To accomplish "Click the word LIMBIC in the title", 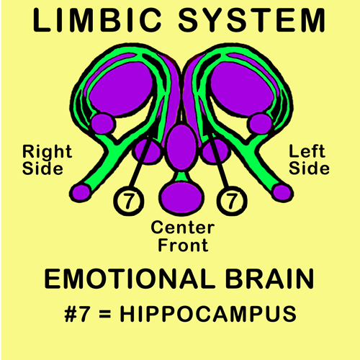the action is [97, 20].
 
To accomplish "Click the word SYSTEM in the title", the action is [252, 20].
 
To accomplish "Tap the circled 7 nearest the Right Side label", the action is [129, 200].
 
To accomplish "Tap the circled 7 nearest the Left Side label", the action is [232, 200].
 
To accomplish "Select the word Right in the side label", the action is [48, 152].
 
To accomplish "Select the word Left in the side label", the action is [307, 151].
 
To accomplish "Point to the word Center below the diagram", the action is [183, 228].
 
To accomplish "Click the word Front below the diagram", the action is [183, 245].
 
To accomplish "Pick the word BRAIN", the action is [270, 279].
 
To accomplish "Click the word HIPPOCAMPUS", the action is [208, 314].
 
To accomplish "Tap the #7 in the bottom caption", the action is [78, 314].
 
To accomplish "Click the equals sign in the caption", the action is [105, 314].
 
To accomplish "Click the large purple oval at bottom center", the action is [181, 197].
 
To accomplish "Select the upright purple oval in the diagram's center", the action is [181, 147].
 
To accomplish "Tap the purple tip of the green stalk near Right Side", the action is [81, 193].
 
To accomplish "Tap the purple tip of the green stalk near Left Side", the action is [283, 193].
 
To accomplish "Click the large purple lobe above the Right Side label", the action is [121, 89].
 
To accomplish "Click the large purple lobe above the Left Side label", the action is [242, 89].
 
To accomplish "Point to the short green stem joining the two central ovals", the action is [181, 176].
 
